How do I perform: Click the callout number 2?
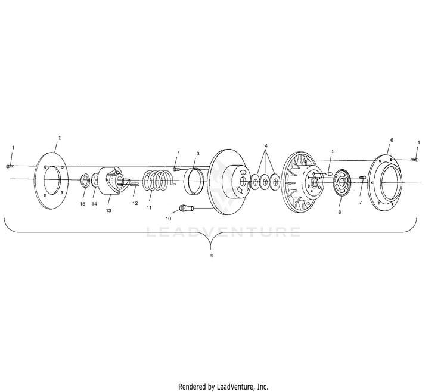[x=60, y=138]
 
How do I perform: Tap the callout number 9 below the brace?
[x=211, y=255]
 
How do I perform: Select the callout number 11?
[x=150, y=207]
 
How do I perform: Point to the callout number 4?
[x=266, y=145]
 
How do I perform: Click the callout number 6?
[x=392, y=140]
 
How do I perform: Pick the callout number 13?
[x=108, y=210]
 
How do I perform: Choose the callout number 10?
[x=168, y=219]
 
